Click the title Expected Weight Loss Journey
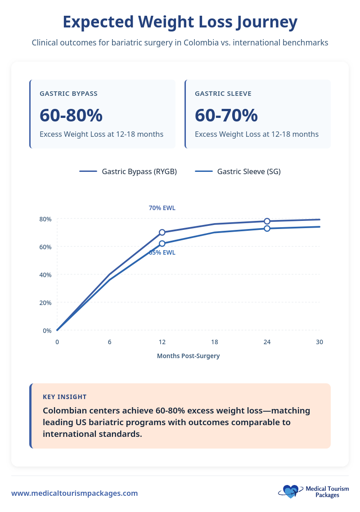(180, 22)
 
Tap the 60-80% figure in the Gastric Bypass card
(71, 116)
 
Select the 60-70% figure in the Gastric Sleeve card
(226, 116)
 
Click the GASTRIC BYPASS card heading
(68, 94)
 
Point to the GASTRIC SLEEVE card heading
(223, 94)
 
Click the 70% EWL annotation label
(162, 208)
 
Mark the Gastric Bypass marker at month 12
(162, 233)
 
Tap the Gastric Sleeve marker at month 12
(162, 243)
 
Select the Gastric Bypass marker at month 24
(267, 221)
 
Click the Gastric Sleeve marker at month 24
(267, 229)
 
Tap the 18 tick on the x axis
(215, 342)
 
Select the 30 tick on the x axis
(319, 342)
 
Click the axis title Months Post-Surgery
(188, 356)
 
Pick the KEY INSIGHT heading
(65, 397)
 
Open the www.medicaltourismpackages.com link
(75, 493)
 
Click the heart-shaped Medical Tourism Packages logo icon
(290, 491)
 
